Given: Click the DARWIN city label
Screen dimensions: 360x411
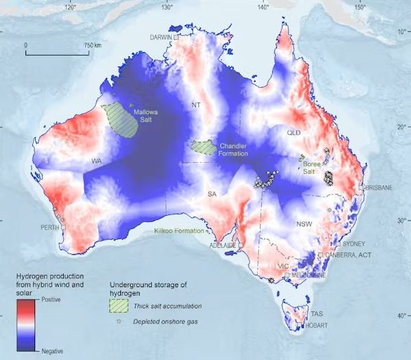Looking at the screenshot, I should (x=161, y=37).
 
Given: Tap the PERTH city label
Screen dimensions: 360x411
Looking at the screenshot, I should (x=49, y=227).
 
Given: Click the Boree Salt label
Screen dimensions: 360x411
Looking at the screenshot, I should (x=315, y=168).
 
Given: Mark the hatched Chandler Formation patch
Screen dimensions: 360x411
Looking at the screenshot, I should (x=203, y=146).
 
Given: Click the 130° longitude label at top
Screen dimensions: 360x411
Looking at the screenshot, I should (x=167, y=8).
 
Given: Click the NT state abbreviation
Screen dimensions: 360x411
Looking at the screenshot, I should (x=195, y=105).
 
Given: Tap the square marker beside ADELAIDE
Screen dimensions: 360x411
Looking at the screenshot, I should (x=241, y=245).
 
